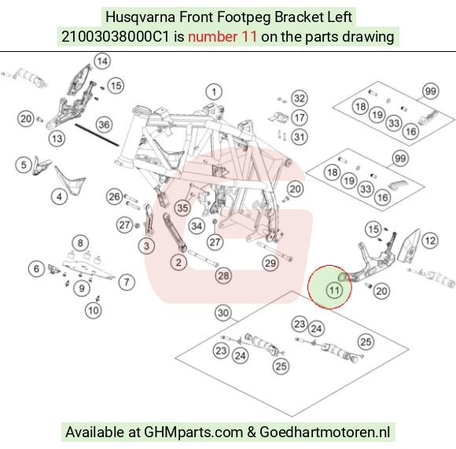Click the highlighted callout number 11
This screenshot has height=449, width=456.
(334, 290)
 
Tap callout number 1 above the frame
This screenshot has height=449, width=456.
(214, 92)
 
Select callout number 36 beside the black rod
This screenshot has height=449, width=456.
(104, 125)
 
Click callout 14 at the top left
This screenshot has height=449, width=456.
(102, 61)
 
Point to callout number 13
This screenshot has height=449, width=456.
(57, 138)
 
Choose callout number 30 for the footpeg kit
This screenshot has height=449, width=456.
(223, 313)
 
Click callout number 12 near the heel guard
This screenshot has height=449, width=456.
(430, 241)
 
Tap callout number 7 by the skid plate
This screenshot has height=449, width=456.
(127, 282)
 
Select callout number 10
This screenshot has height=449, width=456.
(94, 311)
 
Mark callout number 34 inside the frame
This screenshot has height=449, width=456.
(197, 226)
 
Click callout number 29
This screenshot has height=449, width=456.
(270, 263)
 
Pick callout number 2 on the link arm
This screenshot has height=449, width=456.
(178, 263)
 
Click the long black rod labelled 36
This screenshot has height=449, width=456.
(97, 134)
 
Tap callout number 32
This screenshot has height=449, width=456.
(300, 98)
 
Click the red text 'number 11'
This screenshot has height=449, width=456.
(222, 37)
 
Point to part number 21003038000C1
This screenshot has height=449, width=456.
(115, 37)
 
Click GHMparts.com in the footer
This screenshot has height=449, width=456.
(193, 432)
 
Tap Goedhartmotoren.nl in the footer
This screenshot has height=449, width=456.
(325, 432)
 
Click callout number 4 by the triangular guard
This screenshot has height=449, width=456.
(59, 197)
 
